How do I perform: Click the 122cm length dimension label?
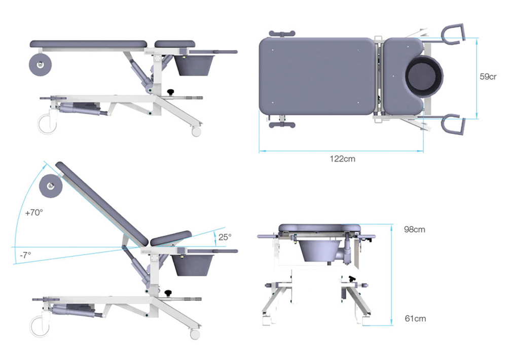(x=342, y=159)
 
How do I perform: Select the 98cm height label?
(x=415, y=229)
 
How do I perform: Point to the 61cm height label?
(x=415, y=318)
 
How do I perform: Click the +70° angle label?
(x=33, y=213)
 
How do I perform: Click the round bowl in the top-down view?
(x=424, y=79)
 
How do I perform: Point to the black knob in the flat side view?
(x=171, y=91)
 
